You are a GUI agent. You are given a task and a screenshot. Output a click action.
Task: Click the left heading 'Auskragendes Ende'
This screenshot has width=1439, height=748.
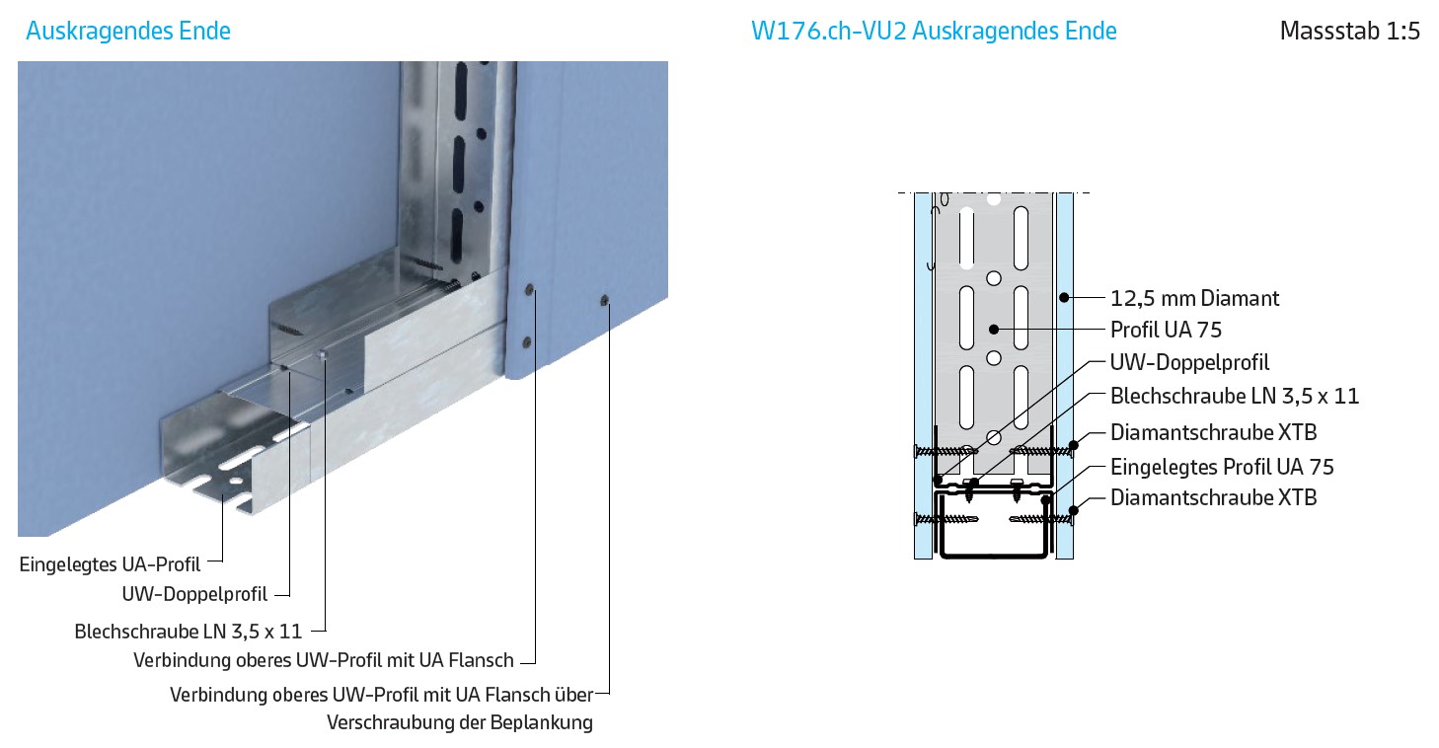pos(128,31)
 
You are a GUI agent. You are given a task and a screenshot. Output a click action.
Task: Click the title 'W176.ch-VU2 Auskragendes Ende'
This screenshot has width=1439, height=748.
pos(934,31)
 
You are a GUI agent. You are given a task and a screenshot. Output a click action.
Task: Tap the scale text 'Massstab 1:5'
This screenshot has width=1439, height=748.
pos(1349,31)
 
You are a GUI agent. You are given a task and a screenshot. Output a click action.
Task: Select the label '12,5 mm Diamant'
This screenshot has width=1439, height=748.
pos(1194,299)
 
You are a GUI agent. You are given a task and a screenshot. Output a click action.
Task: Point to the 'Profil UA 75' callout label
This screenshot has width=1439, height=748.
pos(1166,330)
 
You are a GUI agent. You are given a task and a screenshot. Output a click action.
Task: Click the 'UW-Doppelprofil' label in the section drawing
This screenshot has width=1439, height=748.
pos(1189,363)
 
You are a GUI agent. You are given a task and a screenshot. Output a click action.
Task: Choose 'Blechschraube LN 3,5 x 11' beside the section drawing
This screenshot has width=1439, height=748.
pos(1234,396)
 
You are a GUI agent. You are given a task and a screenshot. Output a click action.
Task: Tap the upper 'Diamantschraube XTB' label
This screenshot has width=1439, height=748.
pos(1213,433)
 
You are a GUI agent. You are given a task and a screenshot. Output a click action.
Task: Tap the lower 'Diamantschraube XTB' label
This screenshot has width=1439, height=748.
pos(1213,497)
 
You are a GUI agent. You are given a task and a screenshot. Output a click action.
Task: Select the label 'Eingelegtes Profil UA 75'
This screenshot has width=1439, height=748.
pos(1221,467)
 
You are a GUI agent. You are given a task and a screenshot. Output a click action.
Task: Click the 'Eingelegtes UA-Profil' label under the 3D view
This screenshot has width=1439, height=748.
pos(110,564)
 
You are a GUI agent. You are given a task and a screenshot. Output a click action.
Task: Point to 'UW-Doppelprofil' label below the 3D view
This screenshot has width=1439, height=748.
pos(194,594)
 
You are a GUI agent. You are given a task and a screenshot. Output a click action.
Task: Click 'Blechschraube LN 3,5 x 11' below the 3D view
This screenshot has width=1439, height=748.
pos(189,632)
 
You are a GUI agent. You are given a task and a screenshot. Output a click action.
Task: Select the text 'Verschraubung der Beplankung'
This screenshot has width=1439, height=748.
pos(459,722)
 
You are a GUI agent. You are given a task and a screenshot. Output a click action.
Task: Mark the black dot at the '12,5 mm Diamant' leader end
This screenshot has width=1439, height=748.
pos(1064,297)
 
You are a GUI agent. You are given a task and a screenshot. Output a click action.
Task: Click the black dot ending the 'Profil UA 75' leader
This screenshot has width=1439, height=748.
pos(994,330)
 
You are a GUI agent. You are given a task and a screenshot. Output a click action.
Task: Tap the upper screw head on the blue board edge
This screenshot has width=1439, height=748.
pos(529,289)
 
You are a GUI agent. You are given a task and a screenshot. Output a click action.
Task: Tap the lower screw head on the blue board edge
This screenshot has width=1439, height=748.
pos(527,342)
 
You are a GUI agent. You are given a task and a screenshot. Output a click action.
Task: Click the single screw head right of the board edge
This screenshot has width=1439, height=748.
pos(604,300)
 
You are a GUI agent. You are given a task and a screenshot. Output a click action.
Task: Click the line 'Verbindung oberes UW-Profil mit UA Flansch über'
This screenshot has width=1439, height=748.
pos(382,695)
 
